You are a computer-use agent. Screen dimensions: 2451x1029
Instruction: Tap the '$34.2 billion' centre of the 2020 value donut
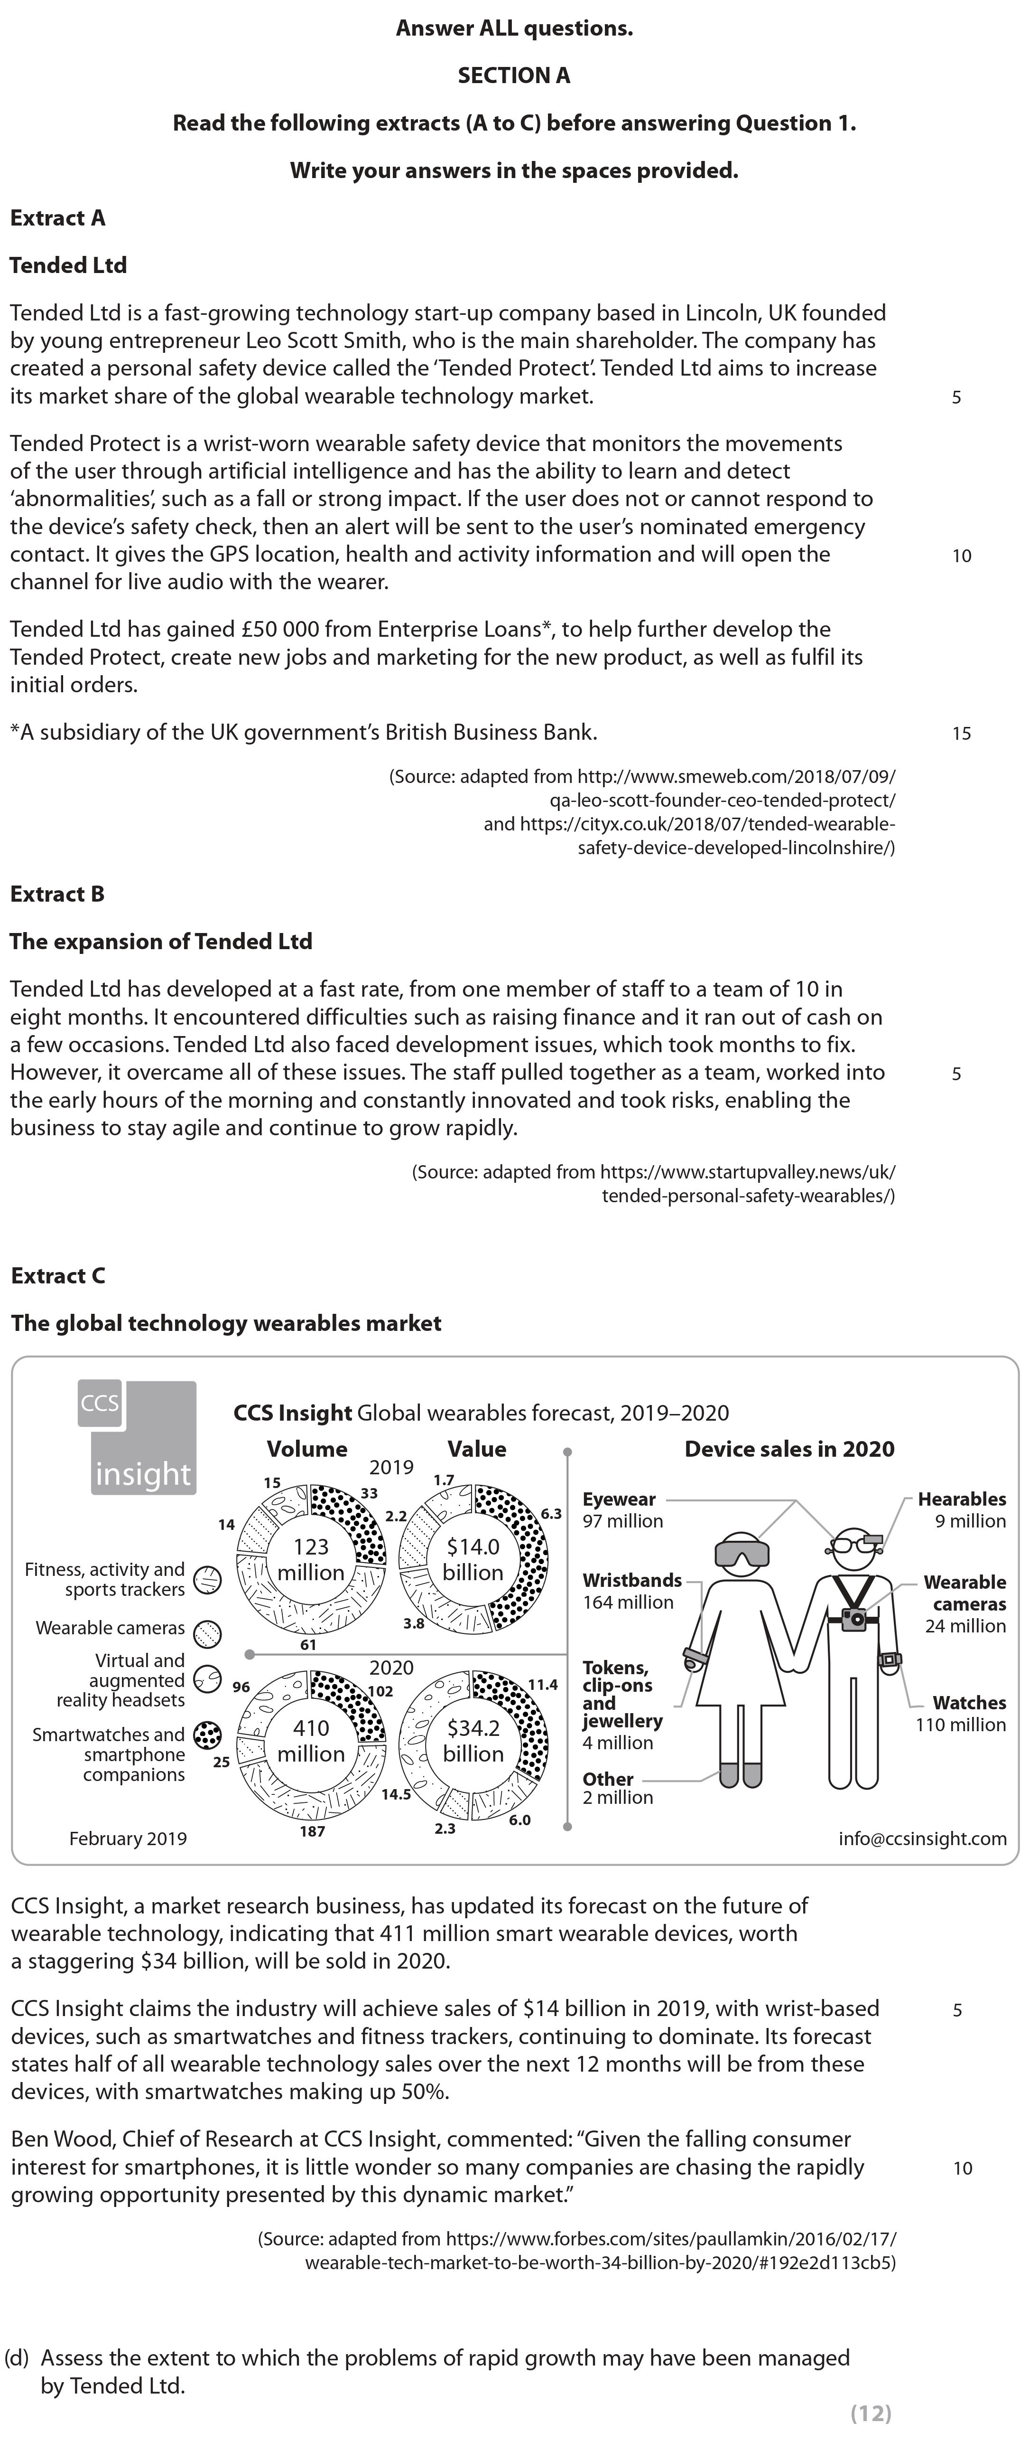[473, 1740]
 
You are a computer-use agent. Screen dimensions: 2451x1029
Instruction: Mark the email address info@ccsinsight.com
[921, 1838]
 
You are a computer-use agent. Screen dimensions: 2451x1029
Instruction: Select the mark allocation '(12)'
[870, 2413]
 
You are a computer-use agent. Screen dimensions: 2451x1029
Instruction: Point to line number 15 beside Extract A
[962, 733]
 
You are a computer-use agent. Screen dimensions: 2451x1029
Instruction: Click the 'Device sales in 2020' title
[789, 1449]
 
